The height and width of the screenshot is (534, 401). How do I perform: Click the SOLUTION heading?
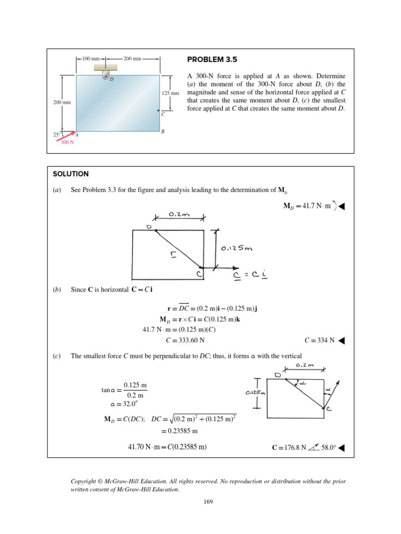[x=71, y=174]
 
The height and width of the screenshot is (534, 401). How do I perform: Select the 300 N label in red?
[x=67, y=142]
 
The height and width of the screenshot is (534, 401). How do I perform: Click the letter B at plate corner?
[x=163, y=132]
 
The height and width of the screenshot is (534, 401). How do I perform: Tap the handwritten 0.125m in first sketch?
[x=237, y=248]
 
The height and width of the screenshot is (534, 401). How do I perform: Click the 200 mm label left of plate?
[x=62, y=103]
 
